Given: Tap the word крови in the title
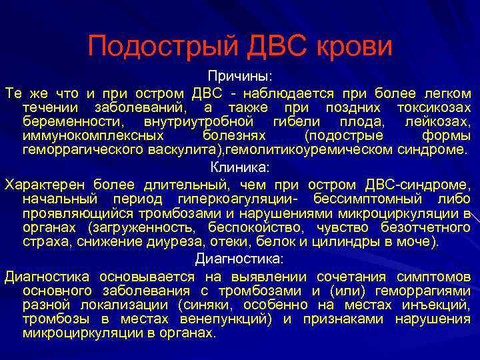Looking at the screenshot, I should (353, 47).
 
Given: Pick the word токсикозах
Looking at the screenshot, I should (434, 107).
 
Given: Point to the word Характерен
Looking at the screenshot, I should (44, 184).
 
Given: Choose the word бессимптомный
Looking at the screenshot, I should (378, 199).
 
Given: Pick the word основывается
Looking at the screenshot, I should (147, 277).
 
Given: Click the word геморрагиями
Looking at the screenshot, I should (422, 291).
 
